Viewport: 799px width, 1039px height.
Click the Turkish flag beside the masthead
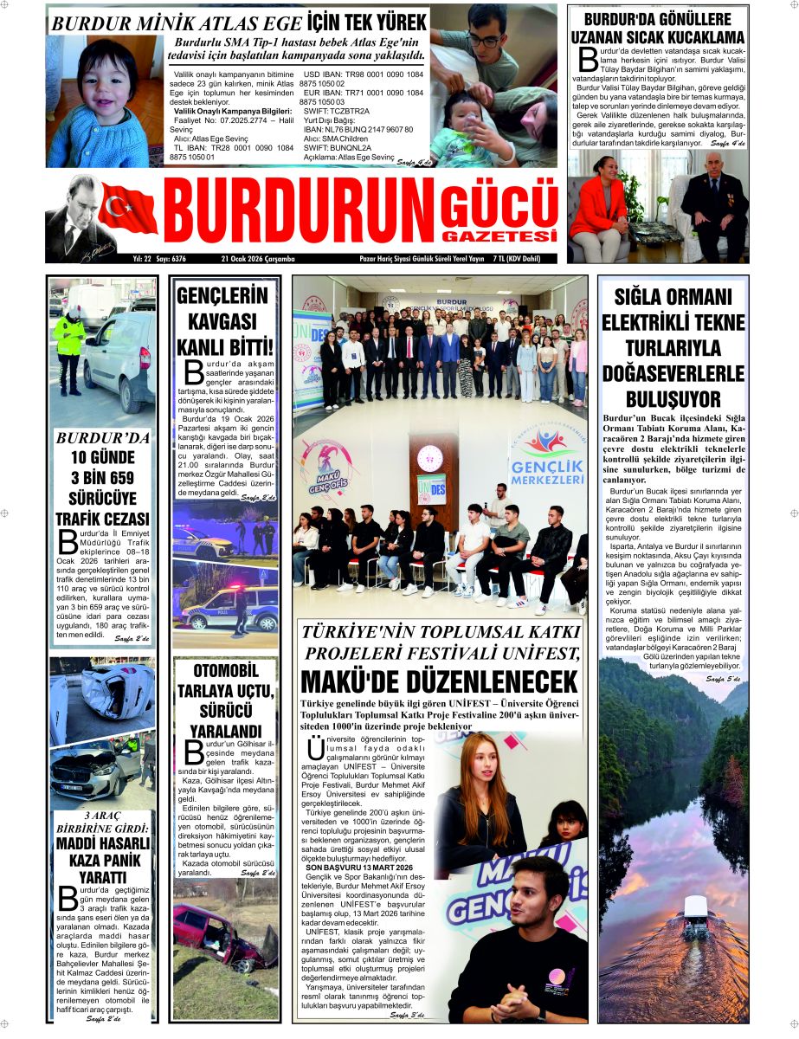[128, 208]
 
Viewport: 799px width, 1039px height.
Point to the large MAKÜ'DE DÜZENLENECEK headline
[439, 681]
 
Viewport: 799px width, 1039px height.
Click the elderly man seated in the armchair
[714, 203]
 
